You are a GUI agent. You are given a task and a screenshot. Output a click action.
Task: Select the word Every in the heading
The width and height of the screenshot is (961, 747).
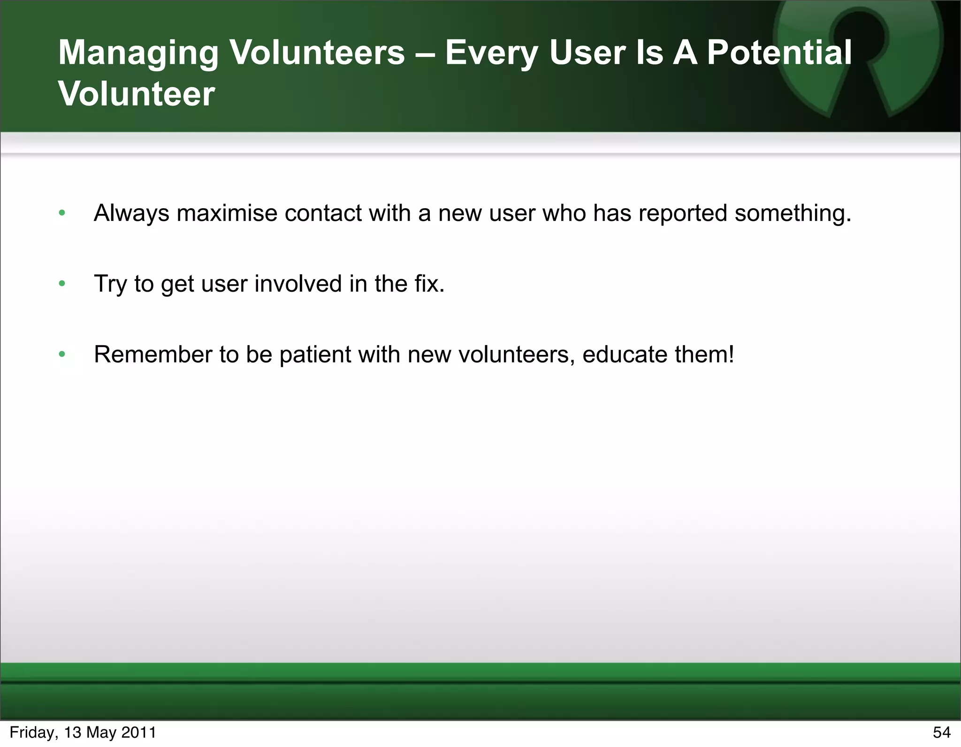(x=491, y=53)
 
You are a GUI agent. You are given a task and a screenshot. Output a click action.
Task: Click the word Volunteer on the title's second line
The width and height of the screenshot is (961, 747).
(x=137, y=94)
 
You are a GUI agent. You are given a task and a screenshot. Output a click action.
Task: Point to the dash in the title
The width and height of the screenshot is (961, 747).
(x=425, y=53)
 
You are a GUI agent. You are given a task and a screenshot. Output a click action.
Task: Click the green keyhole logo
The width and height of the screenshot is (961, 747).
(x=858, y=56)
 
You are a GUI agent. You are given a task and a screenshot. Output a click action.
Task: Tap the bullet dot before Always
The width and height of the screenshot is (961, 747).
(x=62, y=213)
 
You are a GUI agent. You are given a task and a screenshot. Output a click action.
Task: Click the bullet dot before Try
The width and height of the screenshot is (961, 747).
(x=62, y=284)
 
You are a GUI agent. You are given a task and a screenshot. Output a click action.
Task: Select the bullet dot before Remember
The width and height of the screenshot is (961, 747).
(x=62, y=355)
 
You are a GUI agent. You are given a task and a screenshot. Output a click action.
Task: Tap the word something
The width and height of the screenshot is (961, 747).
(x=793, y=213)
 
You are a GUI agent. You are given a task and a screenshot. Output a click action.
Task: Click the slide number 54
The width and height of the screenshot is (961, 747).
(x=941, y=732)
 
